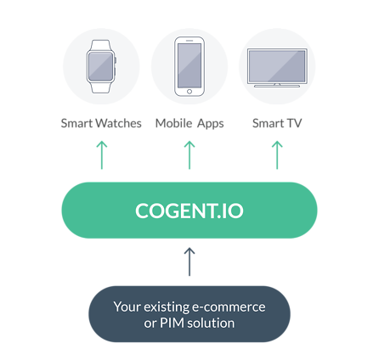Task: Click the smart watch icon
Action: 101,66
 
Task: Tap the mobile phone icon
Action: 189,66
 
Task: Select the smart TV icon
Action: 277,67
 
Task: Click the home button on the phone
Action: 189,92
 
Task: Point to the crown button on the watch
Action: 116,60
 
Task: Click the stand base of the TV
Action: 277,86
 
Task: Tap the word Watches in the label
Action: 118,123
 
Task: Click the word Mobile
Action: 174,123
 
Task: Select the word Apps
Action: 211,124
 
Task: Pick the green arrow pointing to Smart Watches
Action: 102,155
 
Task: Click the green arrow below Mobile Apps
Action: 189,155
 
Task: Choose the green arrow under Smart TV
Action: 277,155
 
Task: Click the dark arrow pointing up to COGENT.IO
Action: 189,262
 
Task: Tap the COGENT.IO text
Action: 189,211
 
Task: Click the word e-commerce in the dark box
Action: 229,307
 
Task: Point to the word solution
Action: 211,323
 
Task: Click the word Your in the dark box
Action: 127,307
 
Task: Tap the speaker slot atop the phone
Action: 189,41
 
